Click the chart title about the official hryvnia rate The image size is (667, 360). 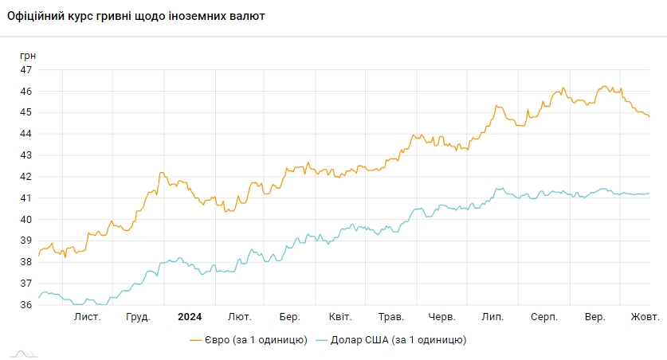click(136, 16)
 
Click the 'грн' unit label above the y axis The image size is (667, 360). click(28, 56)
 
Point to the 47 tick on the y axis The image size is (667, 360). click(26, 70)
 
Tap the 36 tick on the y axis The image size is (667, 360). click(26, 304)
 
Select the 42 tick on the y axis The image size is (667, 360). click(26, 177)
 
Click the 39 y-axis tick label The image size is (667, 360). click(26, 241)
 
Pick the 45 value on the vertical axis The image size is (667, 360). click(26, 112)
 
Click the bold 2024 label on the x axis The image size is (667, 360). click(190, 317)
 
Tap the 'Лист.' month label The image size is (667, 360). click(88, 317)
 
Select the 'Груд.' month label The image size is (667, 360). click(139, 317)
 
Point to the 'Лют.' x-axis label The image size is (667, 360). click(240, 317)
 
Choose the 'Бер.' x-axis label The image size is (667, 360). click(290, 317)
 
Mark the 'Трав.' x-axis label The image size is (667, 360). click(390, 317)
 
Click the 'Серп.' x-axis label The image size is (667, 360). click(544, 317)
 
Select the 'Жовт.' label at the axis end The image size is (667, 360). click(645, 317)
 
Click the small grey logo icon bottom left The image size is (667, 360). click(23, 353)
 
